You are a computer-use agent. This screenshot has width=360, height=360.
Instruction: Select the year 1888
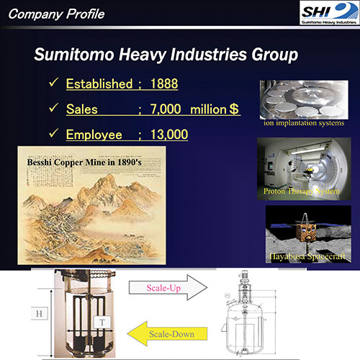tap(163, 84)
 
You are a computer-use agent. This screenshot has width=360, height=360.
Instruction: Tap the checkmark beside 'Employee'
tap(53, 134)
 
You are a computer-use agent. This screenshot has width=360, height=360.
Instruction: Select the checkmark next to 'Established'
tap(53, 84)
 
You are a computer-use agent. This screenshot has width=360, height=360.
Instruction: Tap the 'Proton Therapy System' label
tap(296, 191)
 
